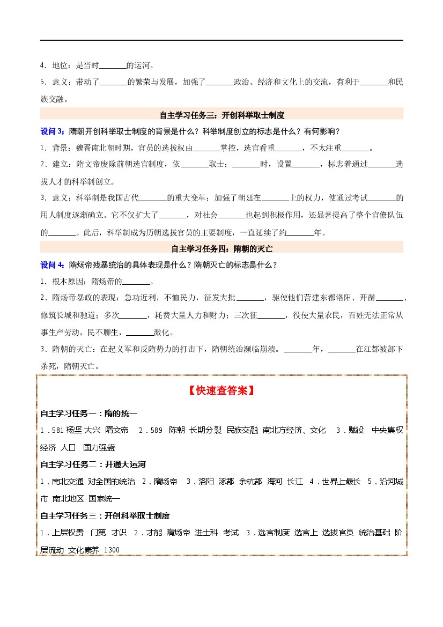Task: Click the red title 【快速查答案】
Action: [221, 391]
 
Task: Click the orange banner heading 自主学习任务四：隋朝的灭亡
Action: [222, 248]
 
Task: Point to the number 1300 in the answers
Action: [111, 550]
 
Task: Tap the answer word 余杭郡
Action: [250, 482]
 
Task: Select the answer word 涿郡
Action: [226, 482]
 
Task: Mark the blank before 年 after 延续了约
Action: [300, 233]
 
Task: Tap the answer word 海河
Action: [275, 482]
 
